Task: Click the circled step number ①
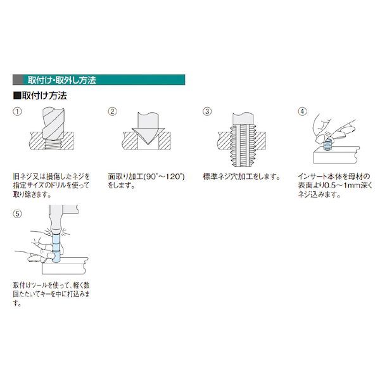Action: pos(17,111)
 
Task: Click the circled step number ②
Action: pos(112,111)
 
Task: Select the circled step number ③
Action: pos(207,111)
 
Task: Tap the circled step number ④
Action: pos(302,111)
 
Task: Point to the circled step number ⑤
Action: pos(17,214)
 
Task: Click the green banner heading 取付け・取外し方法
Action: pos(62,80)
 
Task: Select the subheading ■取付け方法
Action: pos(40,96)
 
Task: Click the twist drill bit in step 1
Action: pos(53,124)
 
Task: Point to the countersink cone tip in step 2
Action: pos(148,144)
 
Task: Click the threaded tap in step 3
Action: pos(243,140)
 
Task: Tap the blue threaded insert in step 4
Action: pos(327,144)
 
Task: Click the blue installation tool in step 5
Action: pos(56,247)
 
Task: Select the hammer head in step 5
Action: pos(63,209)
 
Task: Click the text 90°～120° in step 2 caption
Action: pos(165,177)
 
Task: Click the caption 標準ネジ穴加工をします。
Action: pos(242,177)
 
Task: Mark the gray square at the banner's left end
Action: pos(18,80)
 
